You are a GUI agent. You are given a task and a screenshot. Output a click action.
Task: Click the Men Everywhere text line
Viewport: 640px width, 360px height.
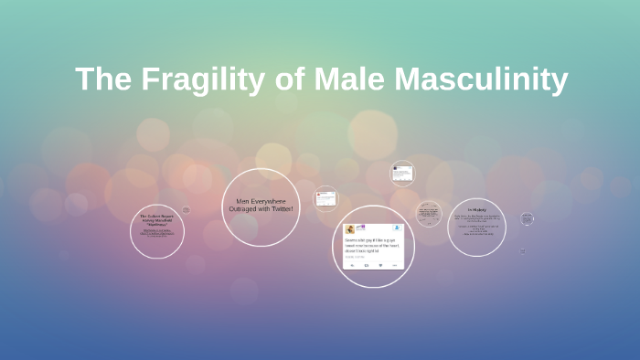[x=261, y=201]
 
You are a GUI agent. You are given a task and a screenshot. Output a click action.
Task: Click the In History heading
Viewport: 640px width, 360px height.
[x=475, y=209]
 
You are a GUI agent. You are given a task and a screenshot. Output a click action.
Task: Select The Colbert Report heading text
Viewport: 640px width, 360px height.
[x=156, y=217]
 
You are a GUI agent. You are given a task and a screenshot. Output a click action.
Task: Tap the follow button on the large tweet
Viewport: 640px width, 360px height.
[x=396, y=227]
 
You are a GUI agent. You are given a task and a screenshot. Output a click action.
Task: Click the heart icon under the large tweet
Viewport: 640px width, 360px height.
[x=380, y=265]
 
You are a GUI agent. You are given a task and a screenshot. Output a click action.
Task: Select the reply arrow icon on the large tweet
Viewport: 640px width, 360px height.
[x=353, y=265]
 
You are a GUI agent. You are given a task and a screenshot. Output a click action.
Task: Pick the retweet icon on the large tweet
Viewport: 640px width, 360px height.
[x=367, y=265]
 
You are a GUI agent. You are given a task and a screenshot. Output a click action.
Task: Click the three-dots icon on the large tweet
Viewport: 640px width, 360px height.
[x=394, y=265]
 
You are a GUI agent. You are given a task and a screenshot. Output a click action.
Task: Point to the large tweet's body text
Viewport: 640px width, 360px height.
[x=372, y=244]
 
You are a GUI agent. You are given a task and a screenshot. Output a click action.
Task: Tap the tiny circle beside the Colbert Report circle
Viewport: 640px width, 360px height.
[x=186, y=210]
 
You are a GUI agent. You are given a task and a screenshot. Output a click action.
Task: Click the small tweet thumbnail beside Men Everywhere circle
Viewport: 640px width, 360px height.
[x=325, y=198]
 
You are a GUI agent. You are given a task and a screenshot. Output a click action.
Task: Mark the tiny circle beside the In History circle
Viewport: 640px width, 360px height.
[x=527, y=218]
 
